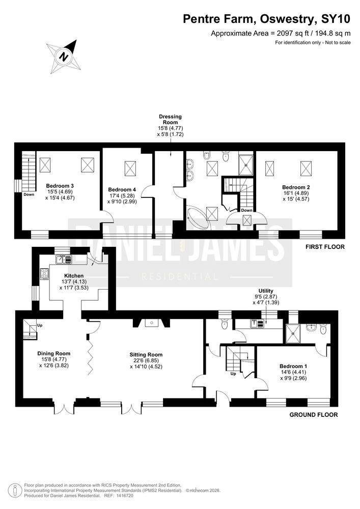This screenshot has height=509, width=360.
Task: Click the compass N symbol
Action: point(64,57)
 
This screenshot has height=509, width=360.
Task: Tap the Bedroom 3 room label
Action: point(60,186)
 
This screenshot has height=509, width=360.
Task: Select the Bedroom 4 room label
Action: point(122,189)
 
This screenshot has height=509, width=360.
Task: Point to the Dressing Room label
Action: point(171,120)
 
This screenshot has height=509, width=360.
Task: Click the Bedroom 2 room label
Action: point(296,187)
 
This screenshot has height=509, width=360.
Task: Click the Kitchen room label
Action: point(74,275)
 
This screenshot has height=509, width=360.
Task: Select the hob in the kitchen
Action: point(44,274)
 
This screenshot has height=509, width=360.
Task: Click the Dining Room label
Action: point(54,354)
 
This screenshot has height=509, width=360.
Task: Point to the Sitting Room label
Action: point(146,355)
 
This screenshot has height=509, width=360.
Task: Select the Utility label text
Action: point(266,291)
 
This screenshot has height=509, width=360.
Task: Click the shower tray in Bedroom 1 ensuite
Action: point(293,333)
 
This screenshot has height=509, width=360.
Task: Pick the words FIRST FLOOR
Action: point(325,247)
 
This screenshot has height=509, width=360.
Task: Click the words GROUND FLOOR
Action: point(314,414)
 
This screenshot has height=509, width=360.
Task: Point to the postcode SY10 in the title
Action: point(336,19)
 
